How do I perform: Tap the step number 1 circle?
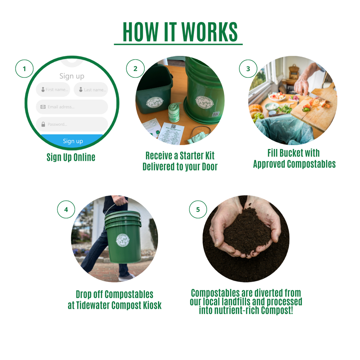pyautogui.click(x=24, y=68)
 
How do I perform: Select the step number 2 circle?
pyautogui.click(x=135, y=68)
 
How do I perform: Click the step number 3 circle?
pyautogui.click(x=248, y=68)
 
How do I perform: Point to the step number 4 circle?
pyautogui.click(x=66, y=210)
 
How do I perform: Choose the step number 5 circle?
pyautogui.click(x=198, y=210)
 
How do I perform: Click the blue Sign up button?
pyautogui.click(x=73, y=141)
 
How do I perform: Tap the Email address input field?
pyautogui.click(x=72, y=107)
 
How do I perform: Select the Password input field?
pyautogui.click(x=72, y=124)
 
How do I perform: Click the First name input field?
pyautogui.click(x=53, y=90)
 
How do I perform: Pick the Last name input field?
pyautogui.click(x=91, y=90)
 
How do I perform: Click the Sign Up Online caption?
pyautogui.click(x=71, y=157)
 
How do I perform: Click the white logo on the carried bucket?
pyautogui.click(x=123, y=240)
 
